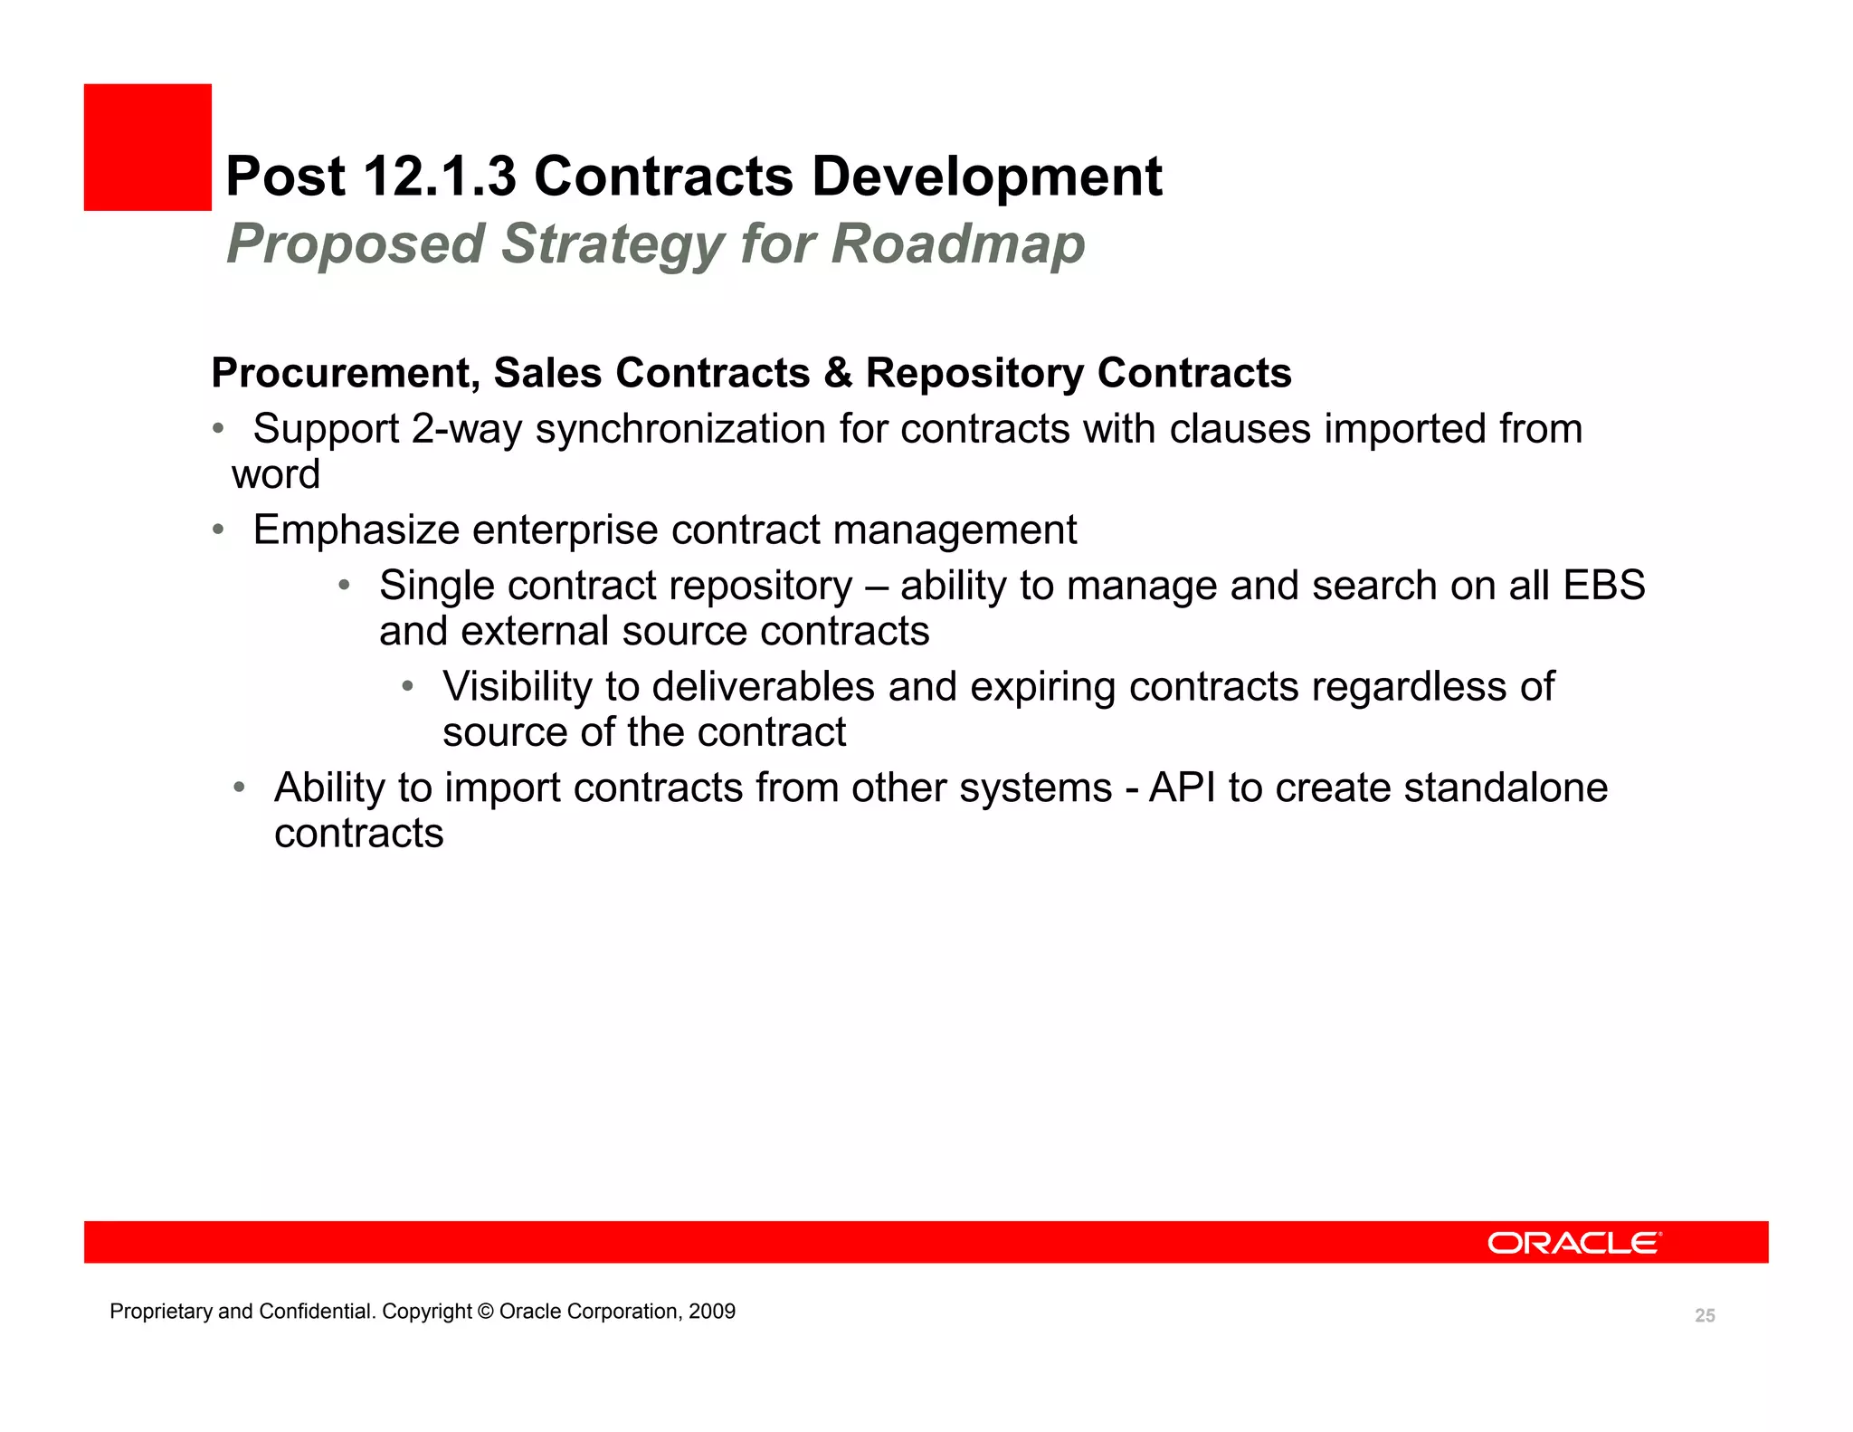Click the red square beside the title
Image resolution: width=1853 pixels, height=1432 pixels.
[147, 148]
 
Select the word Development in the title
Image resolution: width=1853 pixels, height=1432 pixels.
[986, 176]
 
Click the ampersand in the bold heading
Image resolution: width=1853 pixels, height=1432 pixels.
[838, 374]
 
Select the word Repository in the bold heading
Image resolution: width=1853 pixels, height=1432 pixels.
[974, 374]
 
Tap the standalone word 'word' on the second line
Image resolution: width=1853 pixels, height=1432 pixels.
[276, 474]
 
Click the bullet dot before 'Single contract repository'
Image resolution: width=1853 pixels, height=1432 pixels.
[344, 586]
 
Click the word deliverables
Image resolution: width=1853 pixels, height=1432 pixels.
[763, 687]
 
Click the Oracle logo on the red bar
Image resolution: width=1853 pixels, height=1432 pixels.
[1573, 1243]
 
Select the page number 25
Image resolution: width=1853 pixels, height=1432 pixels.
[1705, 1316]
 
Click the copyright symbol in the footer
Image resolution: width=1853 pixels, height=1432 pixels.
[485, 1312]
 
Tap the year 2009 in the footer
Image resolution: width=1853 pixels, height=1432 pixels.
[712, 1312]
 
